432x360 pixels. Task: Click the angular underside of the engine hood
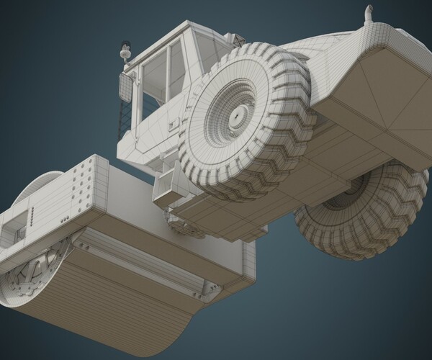(x=367, y=108)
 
